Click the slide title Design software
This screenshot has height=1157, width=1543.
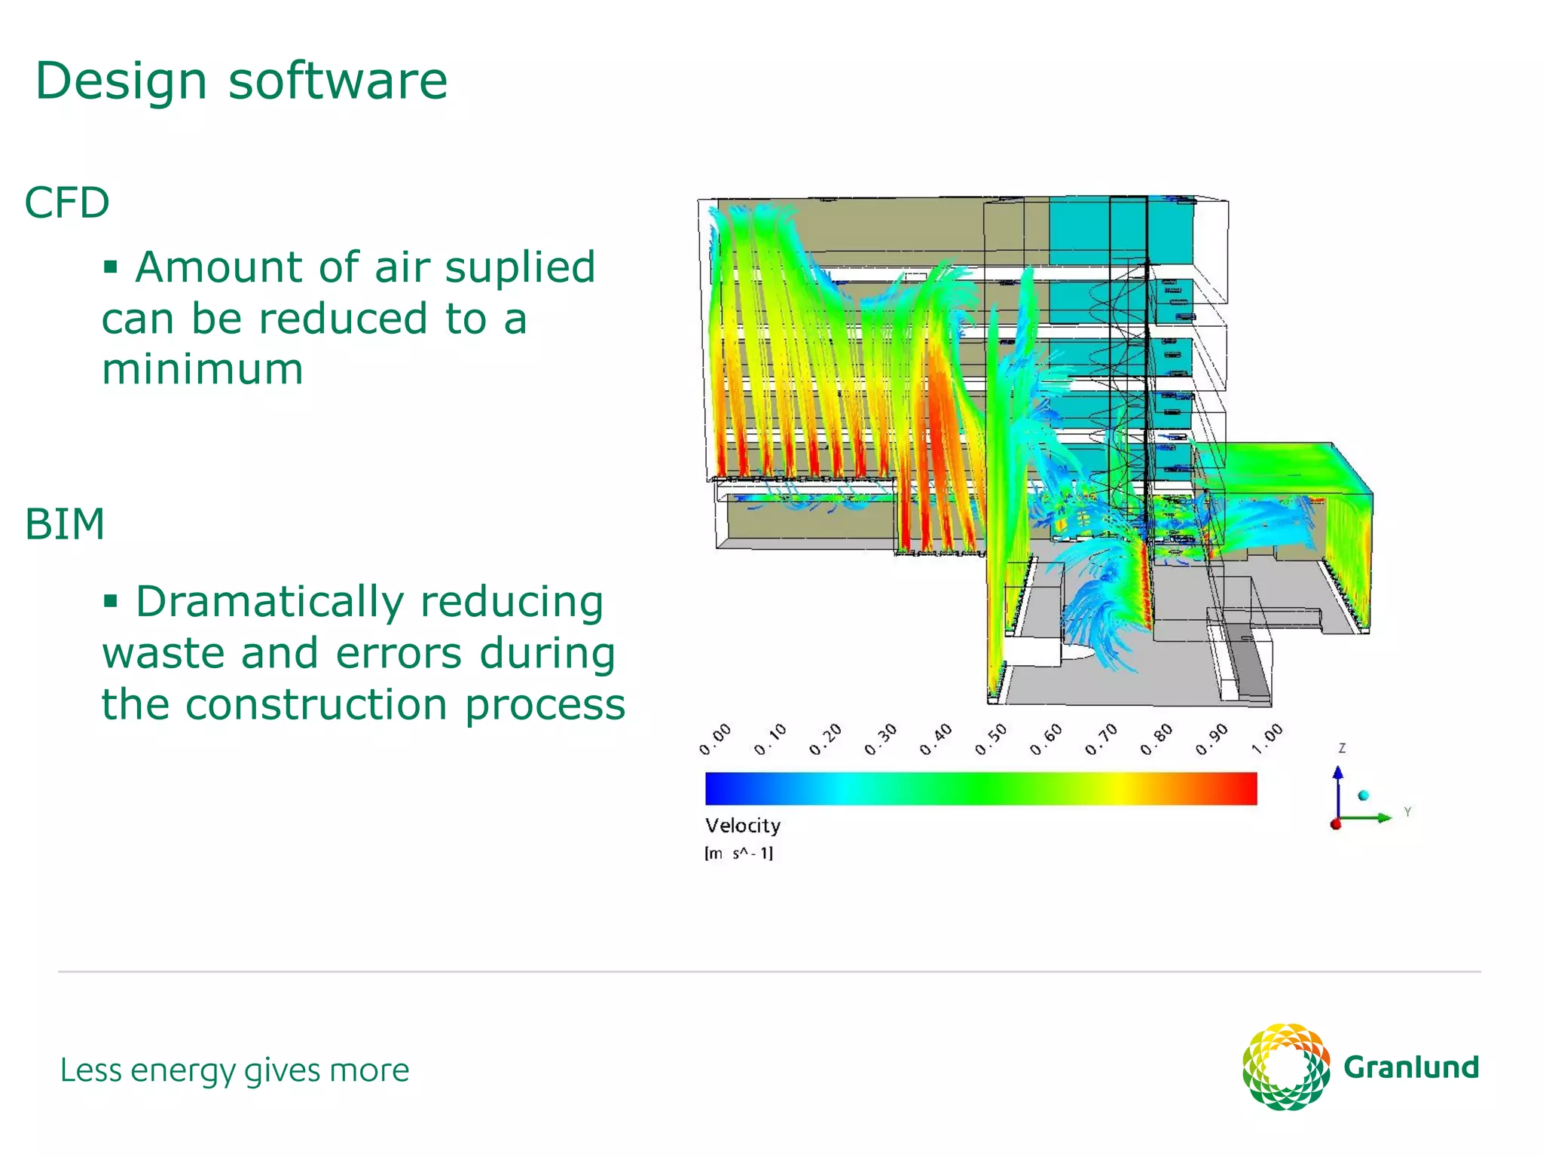point(241,81)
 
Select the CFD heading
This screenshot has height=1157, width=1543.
point(67,203)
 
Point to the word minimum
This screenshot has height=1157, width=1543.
point(203,369)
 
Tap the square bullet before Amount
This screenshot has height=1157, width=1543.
point(111,267)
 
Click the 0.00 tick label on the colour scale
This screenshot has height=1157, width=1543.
point(714,740)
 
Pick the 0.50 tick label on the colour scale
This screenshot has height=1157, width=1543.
point(990,740)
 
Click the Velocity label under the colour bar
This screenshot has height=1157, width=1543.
point(743,826)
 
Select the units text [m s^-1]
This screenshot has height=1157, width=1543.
point(738,853)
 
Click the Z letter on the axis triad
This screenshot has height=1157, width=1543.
point(1342,748)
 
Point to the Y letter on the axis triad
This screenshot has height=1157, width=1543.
point(1407,812)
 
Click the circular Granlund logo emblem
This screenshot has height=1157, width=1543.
point(1285,1067)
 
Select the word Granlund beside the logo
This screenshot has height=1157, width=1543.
point(1411,1067)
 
